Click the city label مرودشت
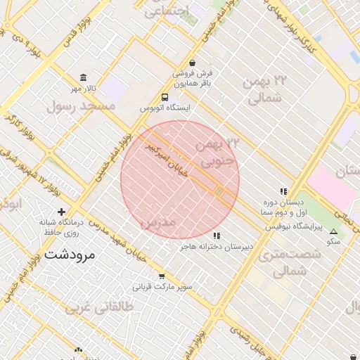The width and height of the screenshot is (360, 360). click(69, 254)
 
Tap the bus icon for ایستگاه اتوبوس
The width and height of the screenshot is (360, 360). click(165, 98)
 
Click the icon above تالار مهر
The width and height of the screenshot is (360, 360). click(84, 77)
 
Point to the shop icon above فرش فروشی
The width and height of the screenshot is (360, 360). click(193, 62)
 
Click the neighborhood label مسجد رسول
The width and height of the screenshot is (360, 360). click(80, 106)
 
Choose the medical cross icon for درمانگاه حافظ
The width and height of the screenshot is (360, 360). click(62, 212)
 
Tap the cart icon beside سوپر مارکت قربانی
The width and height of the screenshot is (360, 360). click(162, 276)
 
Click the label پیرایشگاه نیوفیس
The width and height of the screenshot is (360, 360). click(294, 227)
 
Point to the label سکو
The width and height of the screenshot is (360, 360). click(333, 241)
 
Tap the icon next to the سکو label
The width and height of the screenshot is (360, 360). click(333, 231)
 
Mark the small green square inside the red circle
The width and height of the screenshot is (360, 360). click(219, 191)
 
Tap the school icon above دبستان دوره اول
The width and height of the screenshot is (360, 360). click(283, 191)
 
